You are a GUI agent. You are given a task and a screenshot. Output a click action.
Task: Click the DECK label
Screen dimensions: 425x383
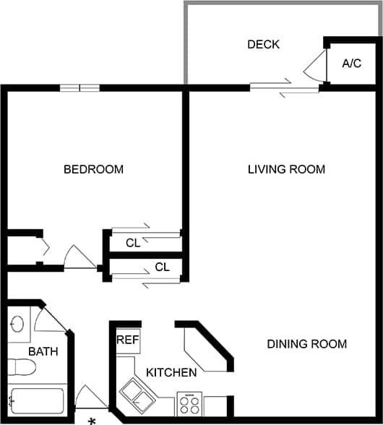click(263, 45)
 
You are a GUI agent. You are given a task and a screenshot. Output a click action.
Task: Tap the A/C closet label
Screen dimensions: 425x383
click(352, 64)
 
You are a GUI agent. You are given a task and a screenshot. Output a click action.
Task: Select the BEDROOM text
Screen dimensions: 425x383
click(93, 170)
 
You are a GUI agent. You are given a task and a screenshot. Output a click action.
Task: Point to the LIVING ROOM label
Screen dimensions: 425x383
click(286, 170)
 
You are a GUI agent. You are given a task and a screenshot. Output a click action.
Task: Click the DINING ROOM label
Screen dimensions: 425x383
click(307, 344)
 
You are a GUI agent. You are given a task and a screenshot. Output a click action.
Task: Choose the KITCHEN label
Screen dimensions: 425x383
click(171, 373)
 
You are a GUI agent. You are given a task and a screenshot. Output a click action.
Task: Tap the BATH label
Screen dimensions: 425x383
click(43, 352)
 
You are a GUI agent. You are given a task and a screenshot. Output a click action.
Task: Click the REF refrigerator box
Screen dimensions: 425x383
click(128, 340)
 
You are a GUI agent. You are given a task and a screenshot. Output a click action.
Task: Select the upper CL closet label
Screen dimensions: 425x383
click(132, 244)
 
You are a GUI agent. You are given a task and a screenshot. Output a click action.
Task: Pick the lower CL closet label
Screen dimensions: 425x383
click(163, 267)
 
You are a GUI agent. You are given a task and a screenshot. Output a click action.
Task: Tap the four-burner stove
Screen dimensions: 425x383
click(189, 403)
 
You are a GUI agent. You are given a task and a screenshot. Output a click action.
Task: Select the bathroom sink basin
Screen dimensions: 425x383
click(17, 324)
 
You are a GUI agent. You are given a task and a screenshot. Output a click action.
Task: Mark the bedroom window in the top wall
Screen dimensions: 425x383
click(79, 88)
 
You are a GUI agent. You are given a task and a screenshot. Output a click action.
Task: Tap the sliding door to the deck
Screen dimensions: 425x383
click(285, 88)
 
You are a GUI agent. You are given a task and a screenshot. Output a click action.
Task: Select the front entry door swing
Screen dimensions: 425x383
click(90, 400)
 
